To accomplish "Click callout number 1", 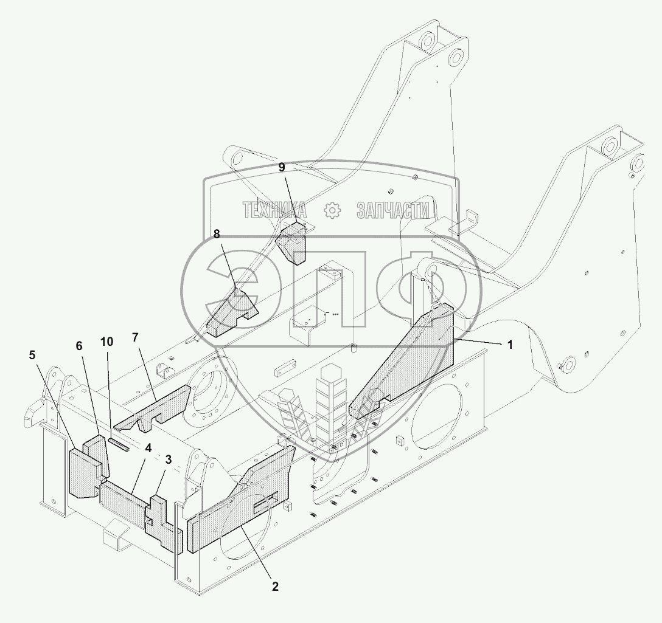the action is (510, 345).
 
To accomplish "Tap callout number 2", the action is (275, 587).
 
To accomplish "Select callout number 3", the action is (168, 460).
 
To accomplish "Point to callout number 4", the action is (148, 449).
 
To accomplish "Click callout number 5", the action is (32, 355).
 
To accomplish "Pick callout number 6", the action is (79, 346).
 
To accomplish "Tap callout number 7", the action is (135, 337).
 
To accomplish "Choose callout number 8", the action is (217, 233).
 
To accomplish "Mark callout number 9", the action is (282, 167).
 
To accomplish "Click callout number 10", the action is (107, 341).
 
